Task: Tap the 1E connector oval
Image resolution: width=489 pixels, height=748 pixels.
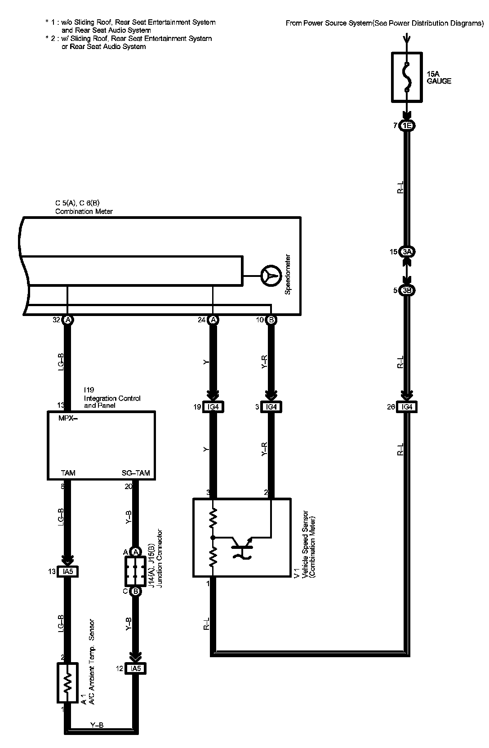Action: [407, 126]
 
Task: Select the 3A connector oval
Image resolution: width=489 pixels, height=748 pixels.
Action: [407, 252]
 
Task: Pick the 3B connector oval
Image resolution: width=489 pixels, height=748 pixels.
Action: [407, 290]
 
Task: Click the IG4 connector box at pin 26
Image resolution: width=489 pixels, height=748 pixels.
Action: [407, 407]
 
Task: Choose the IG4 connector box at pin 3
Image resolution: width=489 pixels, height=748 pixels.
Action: [271, 407]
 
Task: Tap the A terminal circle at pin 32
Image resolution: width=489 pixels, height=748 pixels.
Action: [67, 320]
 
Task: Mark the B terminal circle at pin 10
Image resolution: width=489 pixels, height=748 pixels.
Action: [271, 320]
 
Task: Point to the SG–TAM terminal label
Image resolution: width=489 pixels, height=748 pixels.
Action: [136, 473]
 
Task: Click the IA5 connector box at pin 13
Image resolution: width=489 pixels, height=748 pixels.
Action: [67, 572]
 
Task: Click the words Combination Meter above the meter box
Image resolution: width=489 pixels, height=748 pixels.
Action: [84, 211]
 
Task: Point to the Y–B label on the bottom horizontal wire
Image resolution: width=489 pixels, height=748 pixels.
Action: [98, 725]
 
